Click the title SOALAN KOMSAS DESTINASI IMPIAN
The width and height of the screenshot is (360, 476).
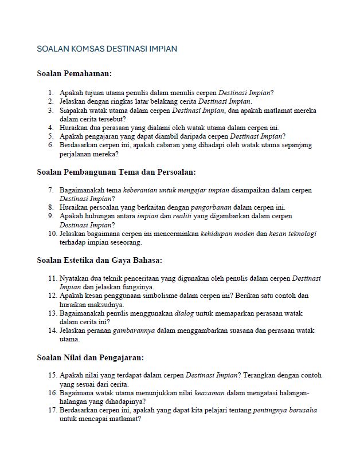tap(107, 49)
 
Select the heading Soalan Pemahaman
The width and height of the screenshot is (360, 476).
tap(74, 73)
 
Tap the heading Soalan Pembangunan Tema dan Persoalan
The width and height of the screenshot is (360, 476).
tap(116, 171)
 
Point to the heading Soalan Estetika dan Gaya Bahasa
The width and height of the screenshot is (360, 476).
tap(100, 260)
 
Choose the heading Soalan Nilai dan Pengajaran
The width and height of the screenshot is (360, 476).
tap(90, 357)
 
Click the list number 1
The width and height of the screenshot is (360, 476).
tap(50, 92)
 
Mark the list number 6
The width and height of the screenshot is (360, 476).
tap(50, 145)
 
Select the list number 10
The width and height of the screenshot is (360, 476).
tap(52, 234)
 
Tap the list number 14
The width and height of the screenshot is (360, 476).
tap(52, 331)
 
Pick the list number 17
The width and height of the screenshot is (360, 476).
tap(52, 410)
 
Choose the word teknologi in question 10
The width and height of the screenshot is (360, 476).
tap(302, 234)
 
